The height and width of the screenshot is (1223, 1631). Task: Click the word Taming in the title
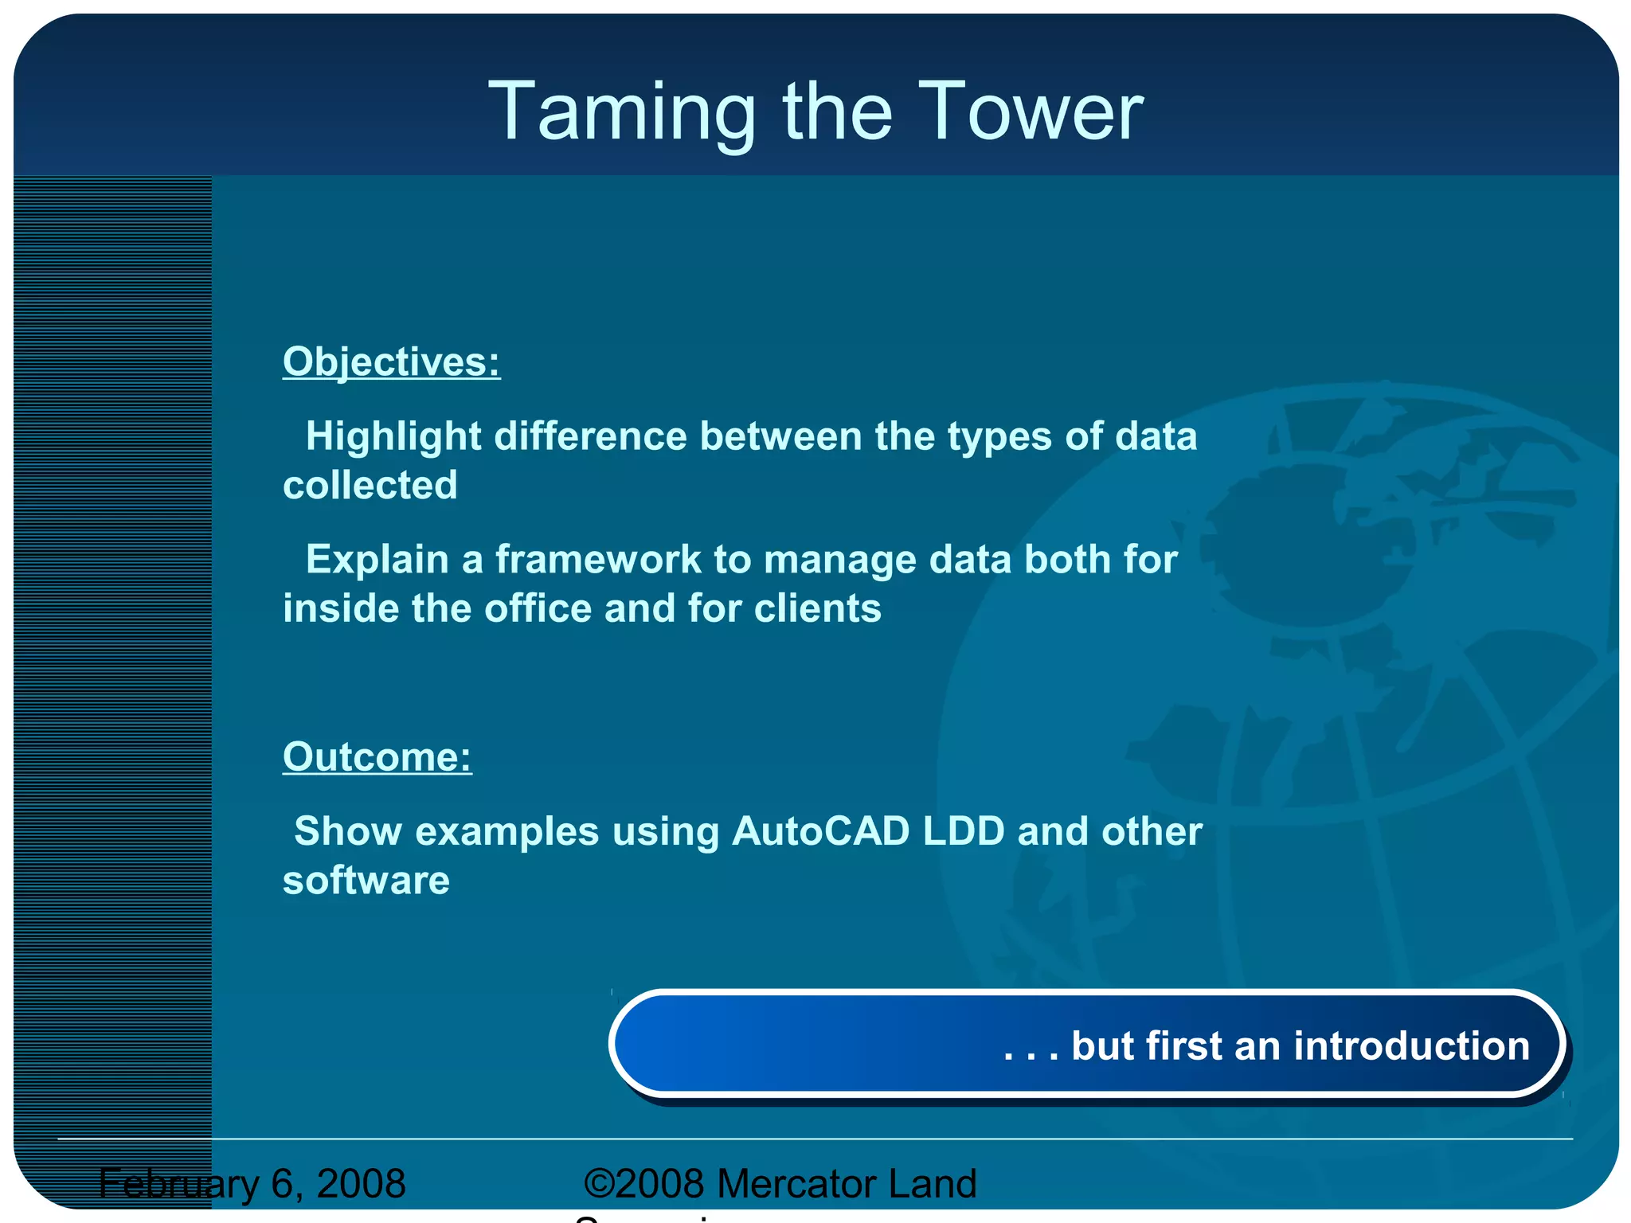[x=621, y=113]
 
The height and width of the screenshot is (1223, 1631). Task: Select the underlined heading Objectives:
[x=391, y=362]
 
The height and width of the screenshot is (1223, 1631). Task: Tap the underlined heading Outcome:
[x=377, y=757]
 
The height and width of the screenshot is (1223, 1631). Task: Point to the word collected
[x=370, y=486]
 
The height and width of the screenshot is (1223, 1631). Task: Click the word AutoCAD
[x=820, y=832]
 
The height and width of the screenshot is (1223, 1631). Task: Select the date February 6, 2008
[x=252, y=1184]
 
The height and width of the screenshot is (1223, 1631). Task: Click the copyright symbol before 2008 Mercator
[x=599, y=1183]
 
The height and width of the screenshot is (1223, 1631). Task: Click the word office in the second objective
[x=538, y=609]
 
